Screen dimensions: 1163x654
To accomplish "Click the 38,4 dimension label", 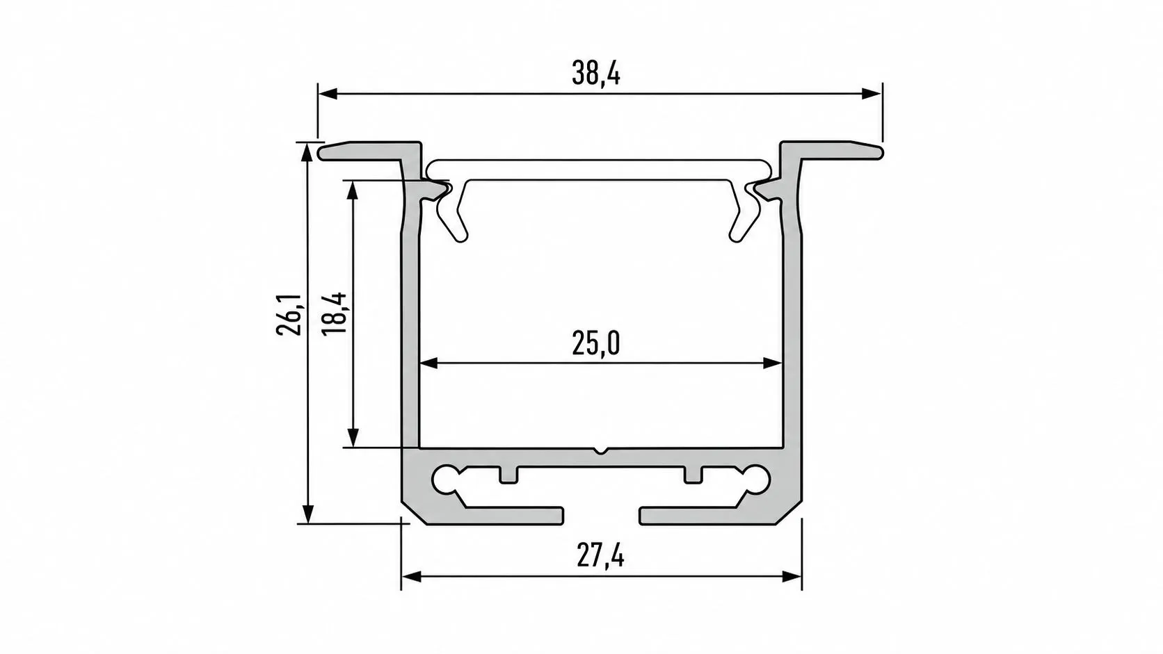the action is pos(596,74).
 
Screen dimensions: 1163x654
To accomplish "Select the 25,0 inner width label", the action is pos(596,343).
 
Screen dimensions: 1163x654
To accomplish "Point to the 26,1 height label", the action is pos(288,314).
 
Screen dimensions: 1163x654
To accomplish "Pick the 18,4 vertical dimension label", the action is pos(334,314).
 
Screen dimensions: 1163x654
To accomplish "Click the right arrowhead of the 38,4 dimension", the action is pos(872,94).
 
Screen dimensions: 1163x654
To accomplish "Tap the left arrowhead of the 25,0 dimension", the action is pos(429,363).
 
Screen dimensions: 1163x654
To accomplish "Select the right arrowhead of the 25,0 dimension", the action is pos(773,363).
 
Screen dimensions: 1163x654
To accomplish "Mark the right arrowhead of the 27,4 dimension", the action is pos(792,576).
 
